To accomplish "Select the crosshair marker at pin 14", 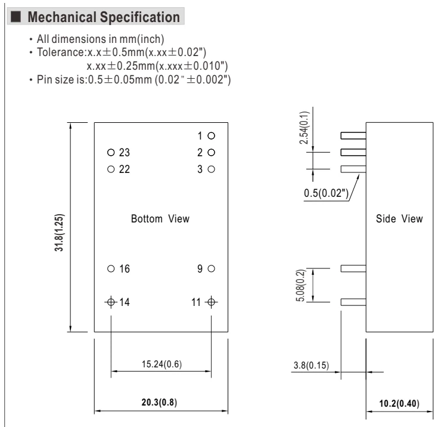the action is tap(111, 302).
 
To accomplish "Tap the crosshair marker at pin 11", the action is tap(211, 302).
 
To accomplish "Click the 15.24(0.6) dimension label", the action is tap(162, 364).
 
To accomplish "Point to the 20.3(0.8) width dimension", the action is tap(159, 402).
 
